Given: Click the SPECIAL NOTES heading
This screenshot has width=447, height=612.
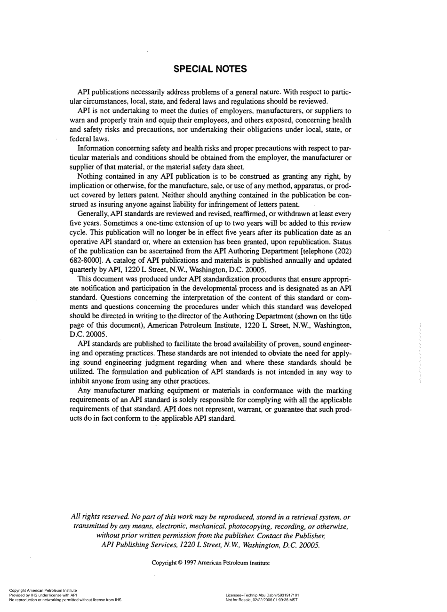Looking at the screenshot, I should click(x=210, y=69).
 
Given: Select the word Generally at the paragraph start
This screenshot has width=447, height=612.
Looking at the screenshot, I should click(x=92, y=213).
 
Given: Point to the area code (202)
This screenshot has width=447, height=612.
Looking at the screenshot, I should click(x=342, y=251).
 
